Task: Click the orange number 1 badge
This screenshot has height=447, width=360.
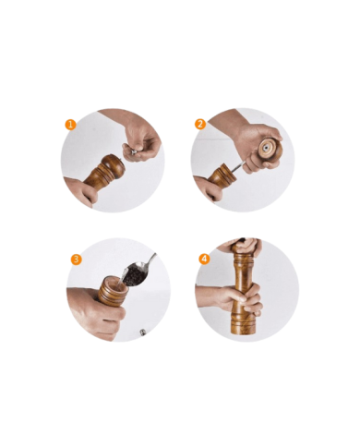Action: click(x=70, y=125)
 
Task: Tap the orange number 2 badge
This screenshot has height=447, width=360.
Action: click(x=200, y=124)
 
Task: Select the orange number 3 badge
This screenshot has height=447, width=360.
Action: click(x=76, y=259)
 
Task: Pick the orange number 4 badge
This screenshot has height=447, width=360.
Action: click(x=204, y=259)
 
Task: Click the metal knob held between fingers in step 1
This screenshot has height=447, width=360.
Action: click(x=133, y=151)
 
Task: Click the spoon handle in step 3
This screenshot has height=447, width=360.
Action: click(x=151, y=260)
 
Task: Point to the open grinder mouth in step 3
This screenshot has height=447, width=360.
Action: click(x=114, y=281)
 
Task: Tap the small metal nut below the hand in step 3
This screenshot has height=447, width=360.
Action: click(x=143, y=332)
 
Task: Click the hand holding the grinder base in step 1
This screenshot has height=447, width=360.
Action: click(x=78, y=191)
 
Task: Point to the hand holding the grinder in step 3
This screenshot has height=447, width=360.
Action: click(x=94, y=312)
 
